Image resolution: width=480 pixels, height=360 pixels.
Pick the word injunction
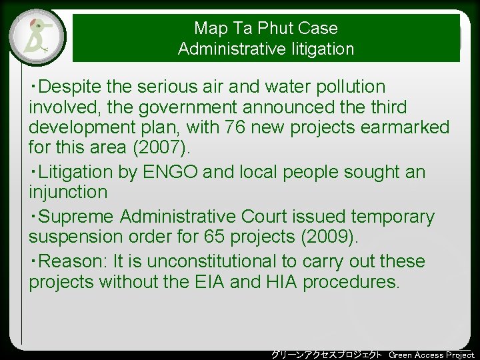point(68,192)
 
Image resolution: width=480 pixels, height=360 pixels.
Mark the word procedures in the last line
point(351,281)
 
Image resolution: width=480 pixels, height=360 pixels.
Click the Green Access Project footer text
point(431,355)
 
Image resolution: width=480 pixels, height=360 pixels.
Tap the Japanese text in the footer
point(327,355)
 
